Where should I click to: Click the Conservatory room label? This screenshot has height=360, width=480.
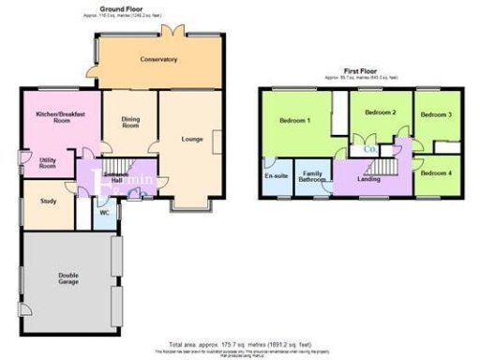click(x=159, y=60)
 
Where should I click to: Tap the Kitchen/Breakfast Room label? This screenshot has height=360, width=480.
click(x=54, y=117)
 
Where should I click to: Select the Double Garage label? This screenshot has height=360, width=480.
click(x=67, y=278)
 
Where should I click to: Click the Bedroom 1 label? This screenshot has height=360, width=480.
click(x=294, y=121)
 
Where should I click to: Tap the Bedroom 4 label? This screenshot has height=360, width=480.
click(x=436, y=173)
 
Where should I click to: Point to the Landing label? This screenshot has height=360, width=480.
click(x=368, y=178)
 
